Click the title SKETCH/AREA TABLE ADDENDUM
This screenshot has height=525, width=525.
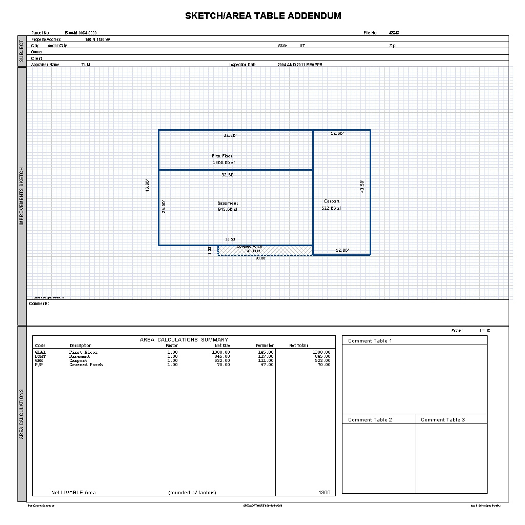[x=263, y=16]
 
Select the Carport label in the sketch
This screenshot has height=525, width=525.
[x=331, y=201]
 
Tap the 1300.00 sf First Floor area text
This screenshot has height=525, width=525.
[x=224, y=163]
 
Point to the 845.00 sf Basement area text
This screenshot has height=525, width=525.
[x=228, y=209]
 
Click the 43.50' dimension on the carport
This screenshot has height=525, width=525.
[x=362, y=186]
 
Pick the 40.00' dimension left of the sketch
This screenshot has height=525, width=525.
[x=148, y=186]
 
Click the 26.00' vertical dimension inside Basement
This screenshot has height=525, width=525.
[x=164, y=206]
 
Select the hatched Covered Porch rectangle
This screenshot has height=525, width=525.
[x=287, y=251]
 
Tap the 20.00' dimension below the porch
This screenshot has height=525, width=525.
[x=260, y=258]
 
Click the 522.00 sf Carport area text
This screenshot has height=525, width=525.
[x=331, y=209]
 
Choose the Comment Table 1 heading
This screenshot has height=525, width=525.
[x=370, y=341]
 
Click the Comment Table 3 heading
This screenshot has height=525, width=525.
[x=443, y=420]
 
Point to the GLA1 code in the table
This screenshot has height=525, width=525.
[x=41, y=353]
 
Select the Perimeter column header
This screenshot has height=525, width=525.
[x=265, y=346]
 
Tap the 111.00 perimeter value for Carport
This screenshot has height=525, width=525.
[x=266, y=361]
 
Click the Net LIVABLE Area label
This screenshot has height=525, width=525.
[x=73, y=493]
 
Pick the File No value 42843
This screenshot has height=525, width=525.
[x=394, y=33]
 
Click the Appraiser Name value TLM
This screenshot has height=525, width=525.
[x=86, y=65]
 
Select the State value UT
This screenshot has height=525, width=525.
[x=302, y=46]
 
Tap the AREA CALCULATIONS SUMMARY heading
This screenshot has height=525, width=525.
[x=184, y=340]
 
